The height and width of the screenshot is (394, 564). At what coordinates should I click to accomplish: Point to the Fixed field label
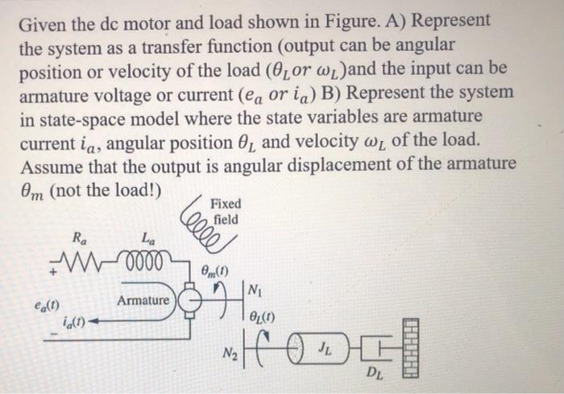point(225,211)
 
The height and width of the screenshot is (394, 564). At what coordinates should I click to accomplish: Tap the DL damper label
point(375,373)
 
